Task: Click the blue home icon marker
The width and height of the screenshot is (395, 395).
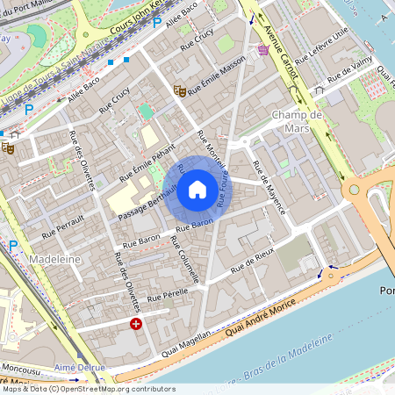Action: point(197,189)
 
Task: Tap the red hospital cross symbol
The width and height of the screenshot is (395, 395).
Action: point(136,324)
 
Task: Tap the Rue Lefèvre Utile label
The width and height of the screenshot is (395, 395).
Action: point(321,46)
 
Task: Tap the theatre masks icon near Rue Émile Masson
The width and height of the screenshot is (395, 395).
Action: point(179,90)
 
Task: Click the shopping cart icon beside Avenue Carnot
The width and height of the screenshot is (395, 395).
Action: point(263,51)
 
